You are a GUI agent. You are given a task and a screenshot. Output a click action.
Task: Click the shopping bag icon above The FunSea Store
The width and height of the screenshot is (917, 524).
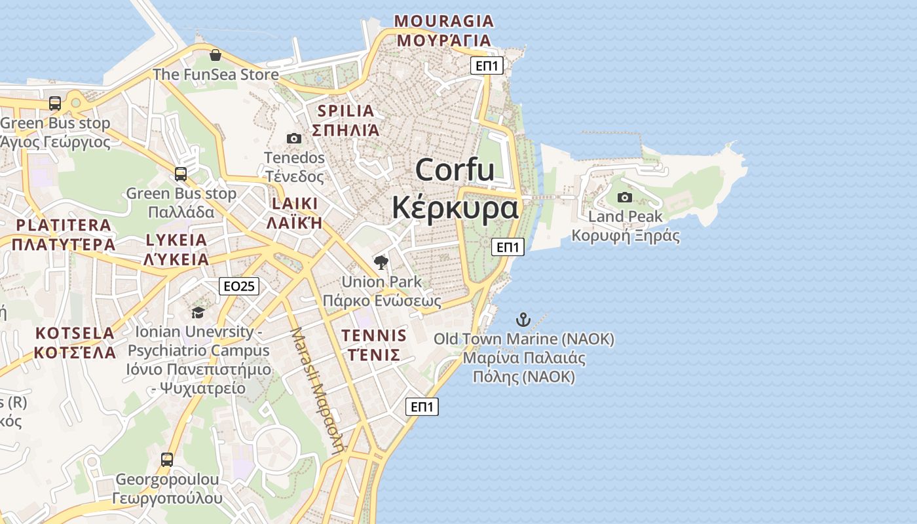[215, 55]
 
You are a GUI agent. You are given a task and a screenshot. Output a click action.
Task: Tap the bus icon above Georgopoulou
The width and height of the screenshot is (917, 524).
[167, 460]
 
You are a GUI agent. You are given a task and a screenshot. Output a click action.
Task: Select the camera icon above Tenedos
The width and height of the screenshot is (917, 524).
[294, 138]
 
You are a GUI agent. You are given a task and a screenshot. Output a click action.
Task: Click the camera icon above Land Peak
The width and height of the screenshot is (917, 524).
[625, 197]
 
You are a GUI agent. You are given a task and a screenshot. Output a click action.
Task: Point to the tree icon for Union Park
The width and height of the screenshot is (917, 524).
[381, 263]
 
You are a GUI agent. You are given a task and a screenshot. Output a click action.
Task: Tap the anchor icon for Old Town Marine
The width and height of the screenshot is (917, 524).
[523, 320]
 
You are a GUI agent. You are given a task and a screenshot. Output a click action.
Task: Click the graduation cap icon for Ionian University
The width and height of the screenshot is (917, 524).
[198, 312]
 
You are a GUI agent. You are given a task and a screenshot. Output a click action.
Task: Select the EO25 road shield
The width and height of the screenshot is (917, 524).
[239, 286]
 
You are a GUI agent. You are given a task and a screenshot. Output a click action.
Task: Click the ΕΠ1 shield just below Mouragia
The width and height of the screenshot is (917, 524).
[487, 65]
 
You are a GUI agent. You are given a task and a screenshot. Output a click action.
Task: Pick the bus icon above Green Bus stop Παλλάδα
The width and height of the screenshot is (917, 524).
[181, 174]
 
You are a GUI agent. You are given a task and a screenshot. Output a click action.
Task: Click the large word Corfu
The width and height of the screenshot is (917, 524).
[455, 170]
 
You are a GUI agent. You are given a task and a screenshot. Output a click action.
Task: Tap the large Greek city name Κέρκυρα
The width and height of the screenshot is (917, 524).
[455, 208]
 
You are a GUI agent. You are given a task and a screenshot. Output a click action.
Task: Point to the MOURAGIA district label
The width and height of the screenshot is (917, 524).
[443, 21]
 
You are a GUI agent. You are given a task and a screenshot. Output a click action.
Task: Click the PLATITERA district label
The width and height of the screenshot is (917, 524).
[64, 225]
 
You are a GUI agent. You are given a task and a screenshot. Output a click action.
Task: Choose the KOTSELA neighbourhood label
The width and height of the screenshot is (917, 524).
[75, 333]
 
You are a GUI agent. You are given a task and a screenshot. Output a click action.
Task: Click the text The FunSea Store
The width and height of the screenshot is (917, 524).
[215, 74]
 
